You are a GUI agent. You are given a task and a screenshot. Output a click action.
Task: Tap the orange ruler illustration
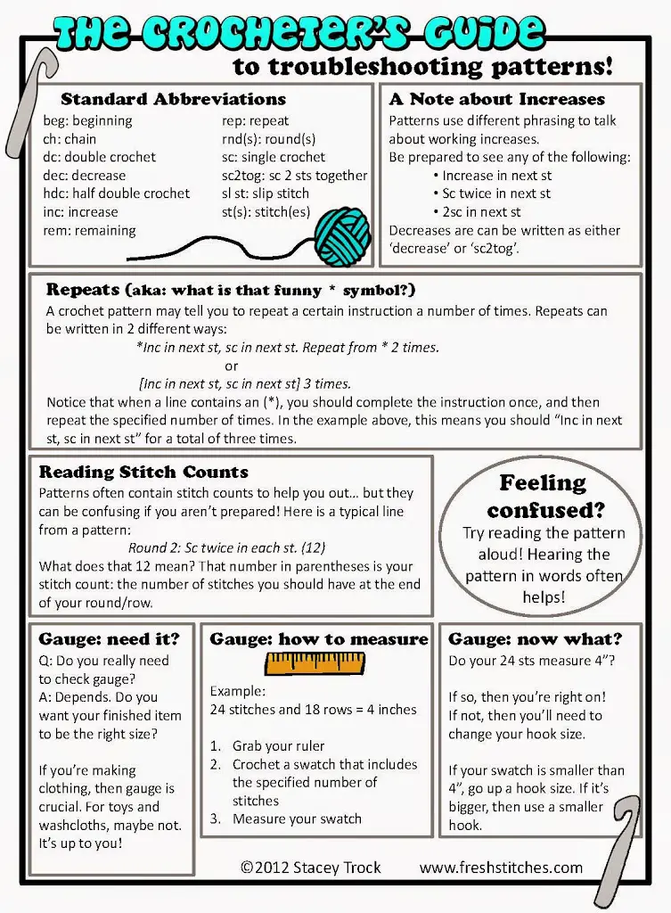[x=315, y=662]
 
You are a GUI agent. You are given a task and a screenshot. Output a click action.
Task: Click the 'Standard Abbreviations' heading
[x=173, y=99]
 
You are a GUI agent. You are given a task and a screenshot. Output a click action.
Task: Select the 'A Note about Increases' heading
[x=496, y=99]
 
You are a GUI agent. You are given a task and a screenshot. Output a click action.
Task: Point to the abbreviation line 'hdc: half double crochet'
[x=116, y=193]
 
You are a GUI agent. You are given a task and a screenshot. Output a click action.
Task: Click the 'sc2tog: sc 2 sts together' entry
[x=294, y=176]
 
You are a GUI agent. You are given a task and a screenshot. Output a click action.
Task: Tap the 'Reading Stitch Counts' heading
[x=143, y=472]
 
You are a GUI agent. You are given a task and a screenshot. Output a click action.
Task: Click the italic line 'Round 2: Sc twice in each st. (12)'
[x=226, y=548]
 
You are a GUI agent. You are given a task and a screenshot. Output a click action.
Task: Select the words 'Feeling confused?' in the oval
[x=544, y=496]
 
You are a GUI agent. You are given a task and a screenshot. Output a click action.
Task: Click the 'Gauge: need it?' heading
[x=109, y=638]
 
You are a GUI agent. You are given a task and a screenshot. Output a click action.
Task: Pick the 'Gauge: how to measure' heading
[x=318, y=638]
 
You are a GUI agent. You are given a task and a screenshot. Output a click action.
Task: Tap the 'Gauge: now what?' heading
[x=535, y=638]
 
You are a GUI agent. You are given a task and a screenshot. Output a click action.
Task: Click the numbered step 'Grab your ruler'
[x=278, y=746]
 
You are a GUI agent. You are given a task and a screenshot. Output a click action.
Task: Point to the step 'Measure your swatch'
[x=297, y=818]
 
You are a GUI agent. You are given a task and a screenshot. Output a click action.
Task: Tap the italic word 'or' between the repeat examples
[x=232, y=366]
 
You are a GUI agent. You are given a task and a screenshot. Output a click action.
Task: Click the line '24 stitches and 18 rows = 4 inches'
[x=313, y=710]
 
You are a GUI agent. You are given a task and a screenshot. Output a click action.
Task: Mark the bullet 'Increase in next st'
[x=496, y=176]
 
